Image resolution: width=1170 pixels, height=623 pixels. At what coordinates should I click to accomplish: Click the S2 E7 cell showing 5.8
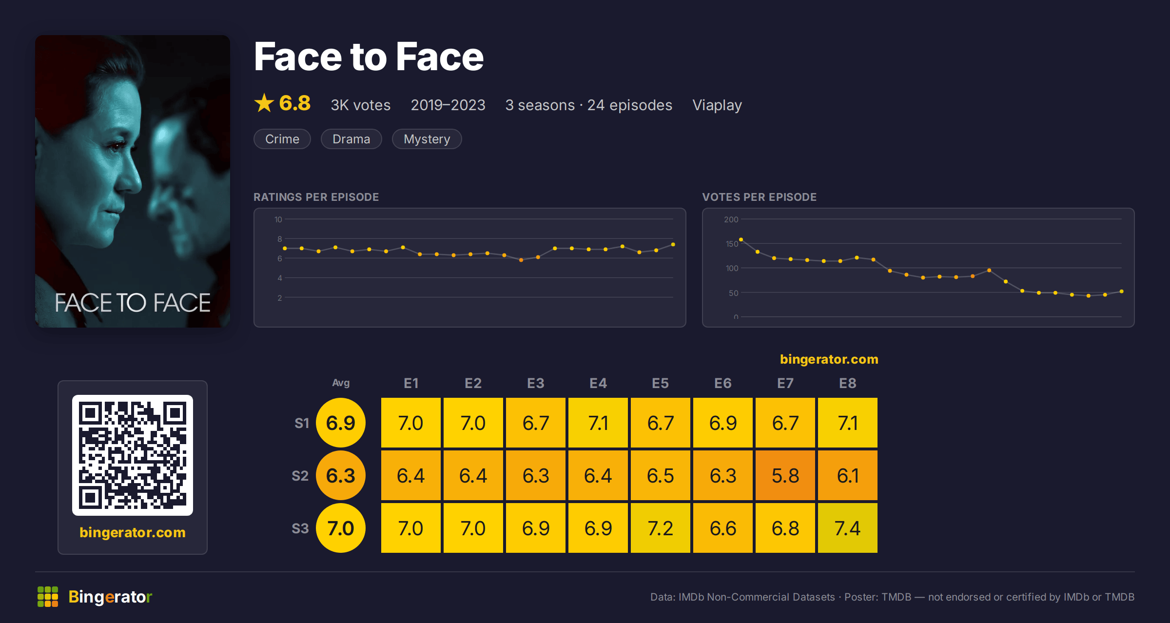pos(785,475)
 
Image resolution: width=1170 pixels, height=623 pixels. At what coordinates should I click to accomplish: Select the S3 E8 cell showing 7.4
pos(848,528)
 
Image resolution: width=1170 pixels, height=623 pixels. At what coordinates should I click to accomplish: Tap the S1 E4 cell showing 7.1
pos(598,423)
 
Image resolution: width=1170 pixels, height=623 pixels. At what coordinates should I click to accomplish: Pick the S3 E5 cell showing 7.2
pos(661,528)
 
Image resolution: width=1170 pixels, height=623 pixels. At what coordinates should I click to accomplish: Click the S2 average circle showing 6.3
pos(341,475)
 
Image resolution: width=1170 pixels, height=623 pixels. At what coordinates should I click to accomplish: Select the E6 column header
pos(723,383)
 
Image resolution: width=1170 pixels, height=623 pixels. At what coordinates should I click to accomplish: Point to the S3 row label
pos(300,528)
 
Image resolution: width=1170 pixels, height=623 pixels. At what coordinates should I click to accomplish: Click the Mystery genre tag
pos(427,139)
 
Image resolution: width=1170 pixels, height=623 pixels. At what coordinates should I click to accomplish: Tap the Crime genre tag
pos(282,139)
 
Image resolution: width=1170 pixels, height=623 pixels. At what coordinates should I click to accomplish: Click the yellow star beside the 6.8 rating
pos(264,103)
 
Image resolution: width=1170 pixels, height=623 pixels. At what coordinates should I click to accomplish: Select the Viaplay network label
pos(717,105)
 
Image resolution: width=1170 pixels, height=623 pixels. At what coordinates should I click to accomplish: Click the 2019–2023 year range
pos(448,105)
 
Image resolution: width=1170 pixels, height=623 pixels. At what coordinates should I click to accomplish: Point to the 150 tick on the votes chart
pos(732,244)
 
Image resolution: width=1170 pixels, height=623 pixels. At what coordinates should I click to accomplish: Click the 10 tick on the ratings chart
pos(278,219)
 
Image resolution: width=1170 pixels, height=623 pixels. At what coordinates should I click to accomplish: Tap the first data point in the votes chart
pos(741,239)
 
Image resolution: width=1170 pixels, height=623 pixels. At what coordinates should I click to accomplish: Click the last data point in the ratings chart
pos(673,244)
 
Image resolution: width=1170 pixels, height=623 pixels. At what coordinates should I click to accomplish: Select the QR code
pos(133,455)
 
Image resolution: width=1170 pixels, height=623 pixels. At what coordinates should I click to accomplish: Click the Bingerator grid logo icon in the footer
pos(48,597)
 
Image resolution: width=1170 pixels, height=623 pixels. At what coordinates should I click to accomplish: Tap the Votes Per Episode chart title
pos(759,197)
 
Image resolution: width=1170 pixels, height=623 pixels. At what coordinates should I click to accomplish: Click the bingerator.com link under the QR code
pos(133,532)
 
